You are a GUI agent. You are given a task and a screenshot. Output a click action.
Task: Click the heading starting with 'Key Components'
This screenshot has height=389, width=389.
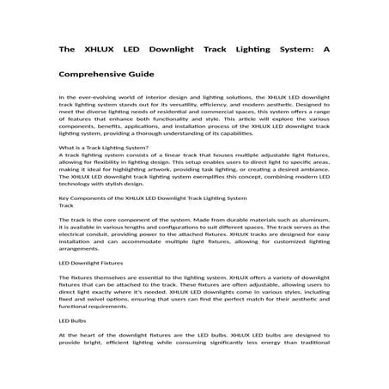[x=143, y=198]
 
